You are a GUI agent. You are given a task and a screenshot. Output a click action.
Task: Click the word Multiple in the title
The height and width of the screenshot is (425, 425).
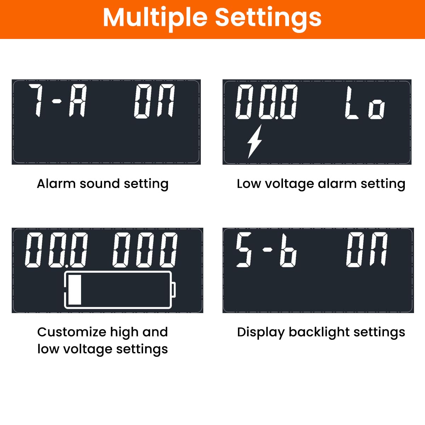pos(155,18)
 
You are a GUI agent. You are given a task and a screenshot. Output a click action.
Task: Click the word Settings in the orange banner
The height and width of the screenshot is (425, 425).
pos(268,18)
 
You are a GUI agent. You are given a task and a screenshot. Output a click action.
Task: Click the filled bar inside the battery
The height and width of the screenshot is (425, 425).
pos(74,290)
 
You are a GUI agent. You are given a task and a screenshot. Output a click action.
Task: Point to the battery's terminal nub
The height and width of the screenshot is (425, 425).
pos(174,290)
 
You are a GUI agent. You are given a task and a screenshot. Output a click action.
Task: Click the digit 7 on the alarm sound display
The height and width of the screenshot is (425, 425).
pos(36,101)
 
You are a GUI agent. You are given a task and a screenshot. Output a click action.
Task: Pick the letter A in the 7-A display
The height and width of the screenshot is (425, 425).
pos(78,101)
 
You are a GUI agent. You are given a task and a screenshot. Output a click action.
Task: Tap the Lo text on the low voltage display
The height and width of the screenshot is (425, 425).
pos(365,103)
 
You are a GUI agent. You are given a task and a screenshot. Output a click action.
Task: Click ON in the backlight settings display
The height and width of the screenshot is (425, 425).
pos(367,249)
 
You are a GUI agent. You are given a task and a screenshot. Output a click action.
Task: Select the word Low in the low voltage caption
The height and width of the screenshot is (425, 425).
pos(249,184)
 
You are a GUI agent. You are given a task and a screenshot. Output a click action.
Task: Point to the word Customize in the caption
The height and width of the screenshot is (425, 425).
pos(72,332)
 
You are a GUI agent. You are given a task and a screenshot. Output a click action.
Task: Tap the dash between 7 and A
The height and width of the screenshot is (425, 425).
pos(57,102)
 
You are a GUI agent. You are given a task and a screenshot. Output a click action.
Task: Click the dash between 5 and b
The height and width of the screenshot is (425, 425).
pos(267,250)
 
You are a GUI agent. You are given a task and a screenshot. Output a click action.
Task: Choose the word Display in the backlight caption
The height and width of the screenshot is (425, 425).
pos(260,332)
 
